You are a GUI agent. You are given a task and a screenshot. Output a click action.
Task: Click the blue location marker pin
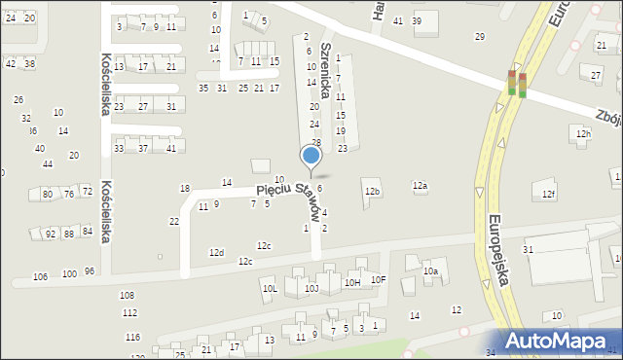point(311,156)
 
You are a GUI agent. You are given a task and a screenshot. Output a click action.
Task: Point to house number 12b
point(372,192)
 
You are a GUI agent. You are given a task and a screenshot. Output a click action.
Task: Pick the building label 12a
point(420,185)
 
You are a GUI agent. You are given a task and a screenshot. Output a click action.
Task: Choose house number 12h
point(583,133)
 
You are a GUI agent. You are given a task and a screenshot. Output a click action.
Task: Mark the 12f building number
point(549,195)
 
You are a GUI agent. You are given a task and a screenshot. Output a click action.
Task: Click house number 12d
point(216,253)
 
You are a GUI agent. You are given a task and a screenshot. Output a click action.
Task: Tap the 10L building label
point(271,289)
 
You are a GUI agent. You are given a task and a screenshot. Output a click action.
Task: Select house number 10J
point(311,289)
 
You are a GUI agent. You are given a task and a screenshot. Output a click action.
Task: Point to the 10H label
point(352,282)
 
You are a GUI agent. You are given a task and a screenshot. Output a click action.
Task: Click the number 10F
point(379,280)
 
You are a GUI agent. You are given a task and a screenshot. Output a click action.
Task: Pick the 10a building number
point(430,272)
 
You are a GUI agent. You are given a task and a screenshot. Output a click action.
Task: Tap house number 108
point(127,295)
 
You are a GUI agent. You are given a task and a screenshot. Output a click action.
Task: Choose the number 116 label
point(132,338)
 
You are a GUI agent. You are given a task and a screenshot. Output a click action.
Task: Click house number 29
point(479,37)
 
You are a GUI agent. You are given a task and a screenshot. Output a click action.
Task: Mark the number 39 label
point(417,21)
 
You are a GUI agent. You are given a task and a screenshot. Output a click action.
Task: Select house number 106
point(40,277)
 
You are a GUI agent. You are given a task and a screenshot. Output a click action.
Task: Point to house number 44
point(47,163)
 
